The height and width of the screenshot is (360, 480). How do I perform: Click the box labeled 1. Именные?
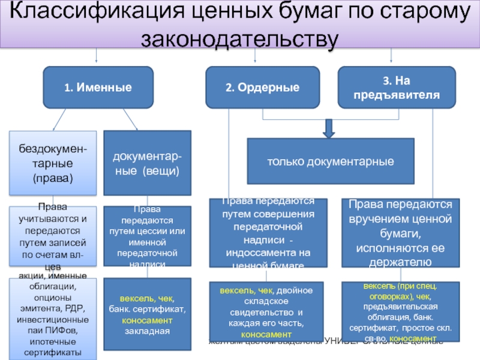(x=98, y=88)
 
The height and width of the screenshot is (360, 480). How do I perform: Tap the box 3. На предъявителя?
(x=396, y=88)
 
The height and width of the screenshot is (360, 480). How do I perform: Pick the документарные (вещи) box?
(x=148, y=163)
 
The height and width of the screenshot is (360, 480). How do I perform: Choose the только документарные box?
(x=331, y=161)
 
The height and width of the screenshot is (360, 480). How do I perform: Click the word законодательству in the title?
(x=239, y=38)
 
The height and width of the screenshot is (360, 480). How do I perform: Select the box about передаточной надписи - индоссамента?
(x=268, y=233)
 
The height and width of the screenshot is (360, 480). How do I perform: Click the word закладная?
(x=148, y=331)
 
